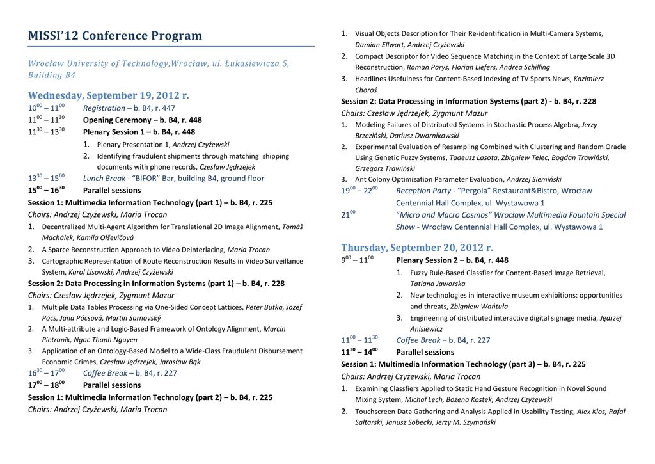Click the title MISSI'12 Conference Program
pyautogui.click(x=114, y=36)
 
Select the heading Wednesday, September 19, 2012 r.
pyautogui.click(x=109, y=95)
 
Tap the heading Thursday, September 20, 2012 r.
pyautogui.click(x=416, y=247)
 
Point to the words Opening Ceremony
pyautogui.click(x=116, y=120)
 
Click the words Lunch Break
pyautogui.click(x=104, y=179)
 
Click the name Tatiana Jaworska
pyautogui.click(x=438, y=284)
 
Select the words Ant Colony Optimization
pyautogui.click(x=395, y=179)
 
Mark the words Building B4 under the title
pyautogui.click(x=52, y=76)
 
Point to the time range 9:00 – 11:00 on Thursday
pyautogui.click(x=357, y=260)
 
